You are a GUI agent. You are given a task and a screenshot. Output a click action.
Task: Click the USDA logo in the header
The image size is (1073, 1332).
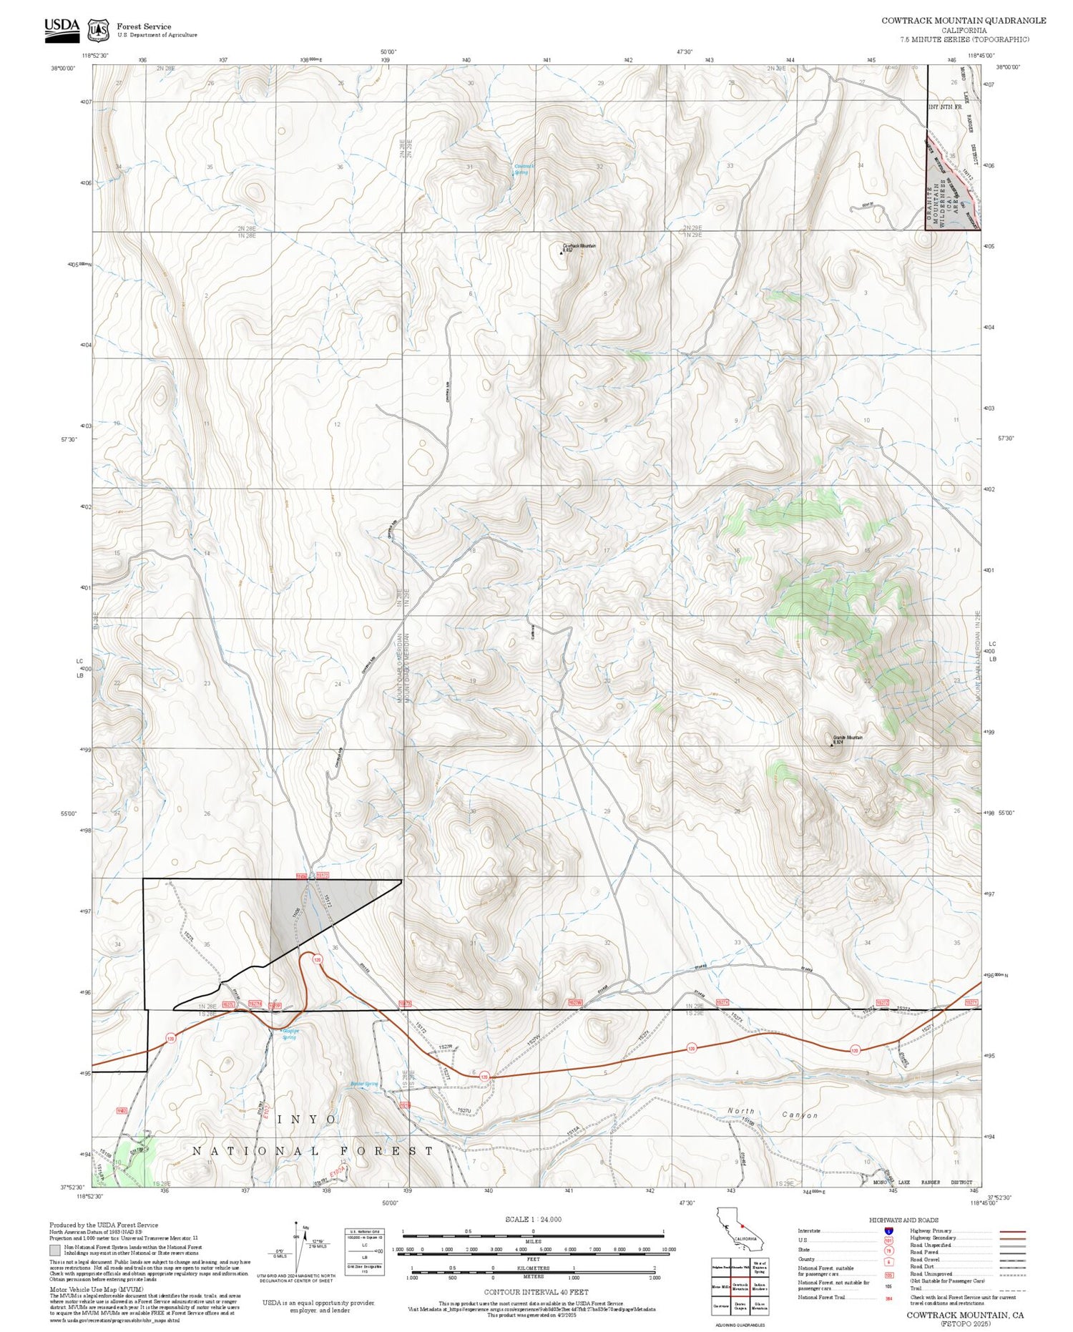[x=62, y=29]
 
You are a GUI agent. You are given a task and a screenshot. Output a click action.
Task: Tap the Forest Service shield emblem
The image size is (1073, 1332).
[x=98, y=30]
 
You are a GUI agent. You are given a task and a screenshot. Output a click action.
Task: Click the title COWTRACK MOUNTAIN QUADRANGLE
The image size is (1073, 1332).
[x=964, y=20]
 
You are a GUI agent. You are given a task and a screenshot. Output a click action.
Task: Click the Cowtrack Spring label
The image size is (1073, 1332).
[x=524, y=170]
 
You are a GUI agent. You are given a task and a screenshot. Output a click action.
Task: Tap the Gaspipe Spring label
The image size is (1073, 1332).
[x=289, y=1034]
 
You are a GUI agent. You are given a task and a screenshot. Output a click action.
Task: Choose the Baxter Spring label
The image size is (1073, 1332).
[x=364, y=1084]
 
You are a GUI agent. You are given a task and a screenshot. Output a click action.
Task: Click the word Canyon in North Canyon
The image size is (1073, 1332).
[x=799, y=1115]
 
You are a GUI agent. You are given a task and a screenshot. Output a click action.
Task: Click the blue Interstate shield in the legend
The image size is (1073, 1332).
[x=888, y=1231]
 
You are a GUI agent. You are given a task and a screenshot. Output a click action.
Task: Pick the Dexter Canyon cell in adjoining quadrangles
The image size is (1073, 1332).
[x=740, y=1306]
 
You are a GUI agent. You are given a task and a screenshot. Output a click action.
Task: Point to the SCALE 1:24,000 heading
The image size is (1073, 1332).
[x=533, y=1220]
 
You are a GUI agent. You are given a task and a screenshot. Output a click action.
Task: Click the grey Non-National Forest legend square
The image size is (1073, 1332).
[x=55, y=1251]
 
